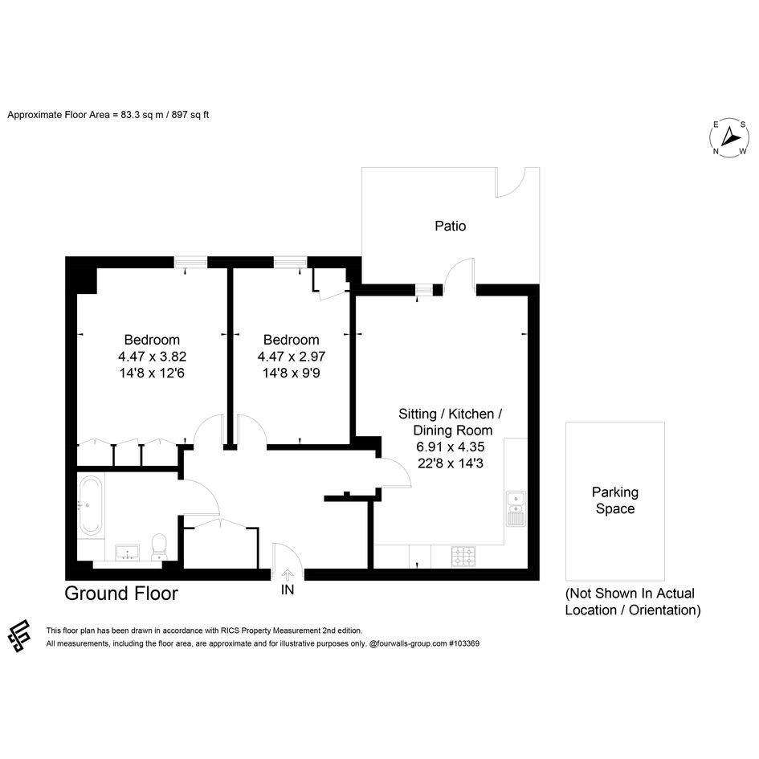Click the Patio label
(x=450, y=226)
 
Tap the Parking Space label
(x=614, y=500)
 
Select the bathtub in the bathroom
(x=91, y=505)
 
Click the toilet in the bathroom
(x=158, y=546)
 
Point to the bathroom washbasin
(x=128, y=553)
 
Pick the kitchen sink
(x=516, y=508)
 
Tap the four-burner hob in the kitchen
(x=463, y=556)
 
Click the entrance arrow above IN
(x=288, y=575)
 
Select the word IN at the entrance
(x=288, y=590)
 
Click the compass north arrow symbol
(x=729, y=137)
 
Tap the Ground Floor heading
(x=121, y=594)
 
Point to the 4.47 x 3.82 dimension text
(x=152, y=357)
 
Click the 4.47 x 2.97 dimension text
(x=292, y=357)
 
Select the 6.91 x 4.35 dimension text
(x=450, y=447)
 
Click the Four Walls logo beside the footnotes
(x=19, y=635)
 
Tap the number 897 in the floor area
(x=180, y=115)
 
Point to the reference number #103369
(x=464, y=643)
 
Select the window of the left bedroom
(x=190, y=262)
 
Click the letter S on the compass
(x=743, y=124)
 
